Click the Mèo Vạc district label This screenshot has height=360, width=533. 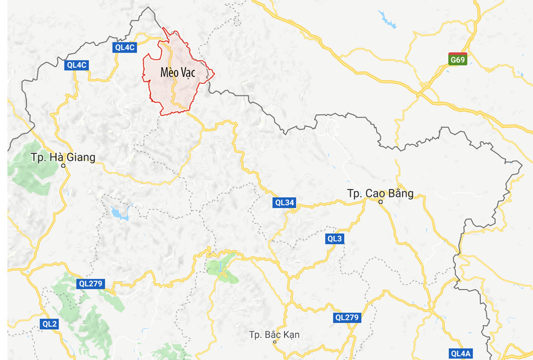[177, 73]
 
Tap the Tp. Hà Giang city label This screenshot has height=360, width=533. [63, 157]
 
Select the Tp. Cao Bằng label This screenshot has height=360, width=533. [380, 194]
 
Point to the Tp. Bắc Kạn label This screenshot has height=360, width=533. [274, 334]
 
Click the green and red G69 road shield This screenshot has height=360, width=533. [458, 59]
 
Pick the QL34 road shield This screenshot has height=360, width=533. [284, 203]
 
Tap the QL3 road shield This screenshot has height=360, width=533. [335, 239]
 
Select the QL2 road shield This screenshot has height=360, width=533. [50, 324]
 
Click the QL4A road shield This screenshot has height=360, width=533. [461, 354]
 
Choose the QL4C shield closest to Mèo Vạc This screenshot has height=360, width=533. [125, 47]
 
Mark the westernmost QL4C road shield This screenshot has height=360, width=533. [77, 65]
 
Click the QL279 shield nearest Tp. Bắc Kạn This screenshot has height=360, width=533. [347, 317]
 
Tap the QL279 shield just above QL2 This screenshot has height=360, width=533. [91, 284]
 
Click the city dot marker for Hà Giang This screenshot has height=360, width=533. [63, 166]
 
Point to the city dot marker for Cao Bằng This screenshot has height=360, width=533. [380, 202]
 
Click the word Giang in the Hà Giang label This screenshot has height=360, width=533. [79, 157]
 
